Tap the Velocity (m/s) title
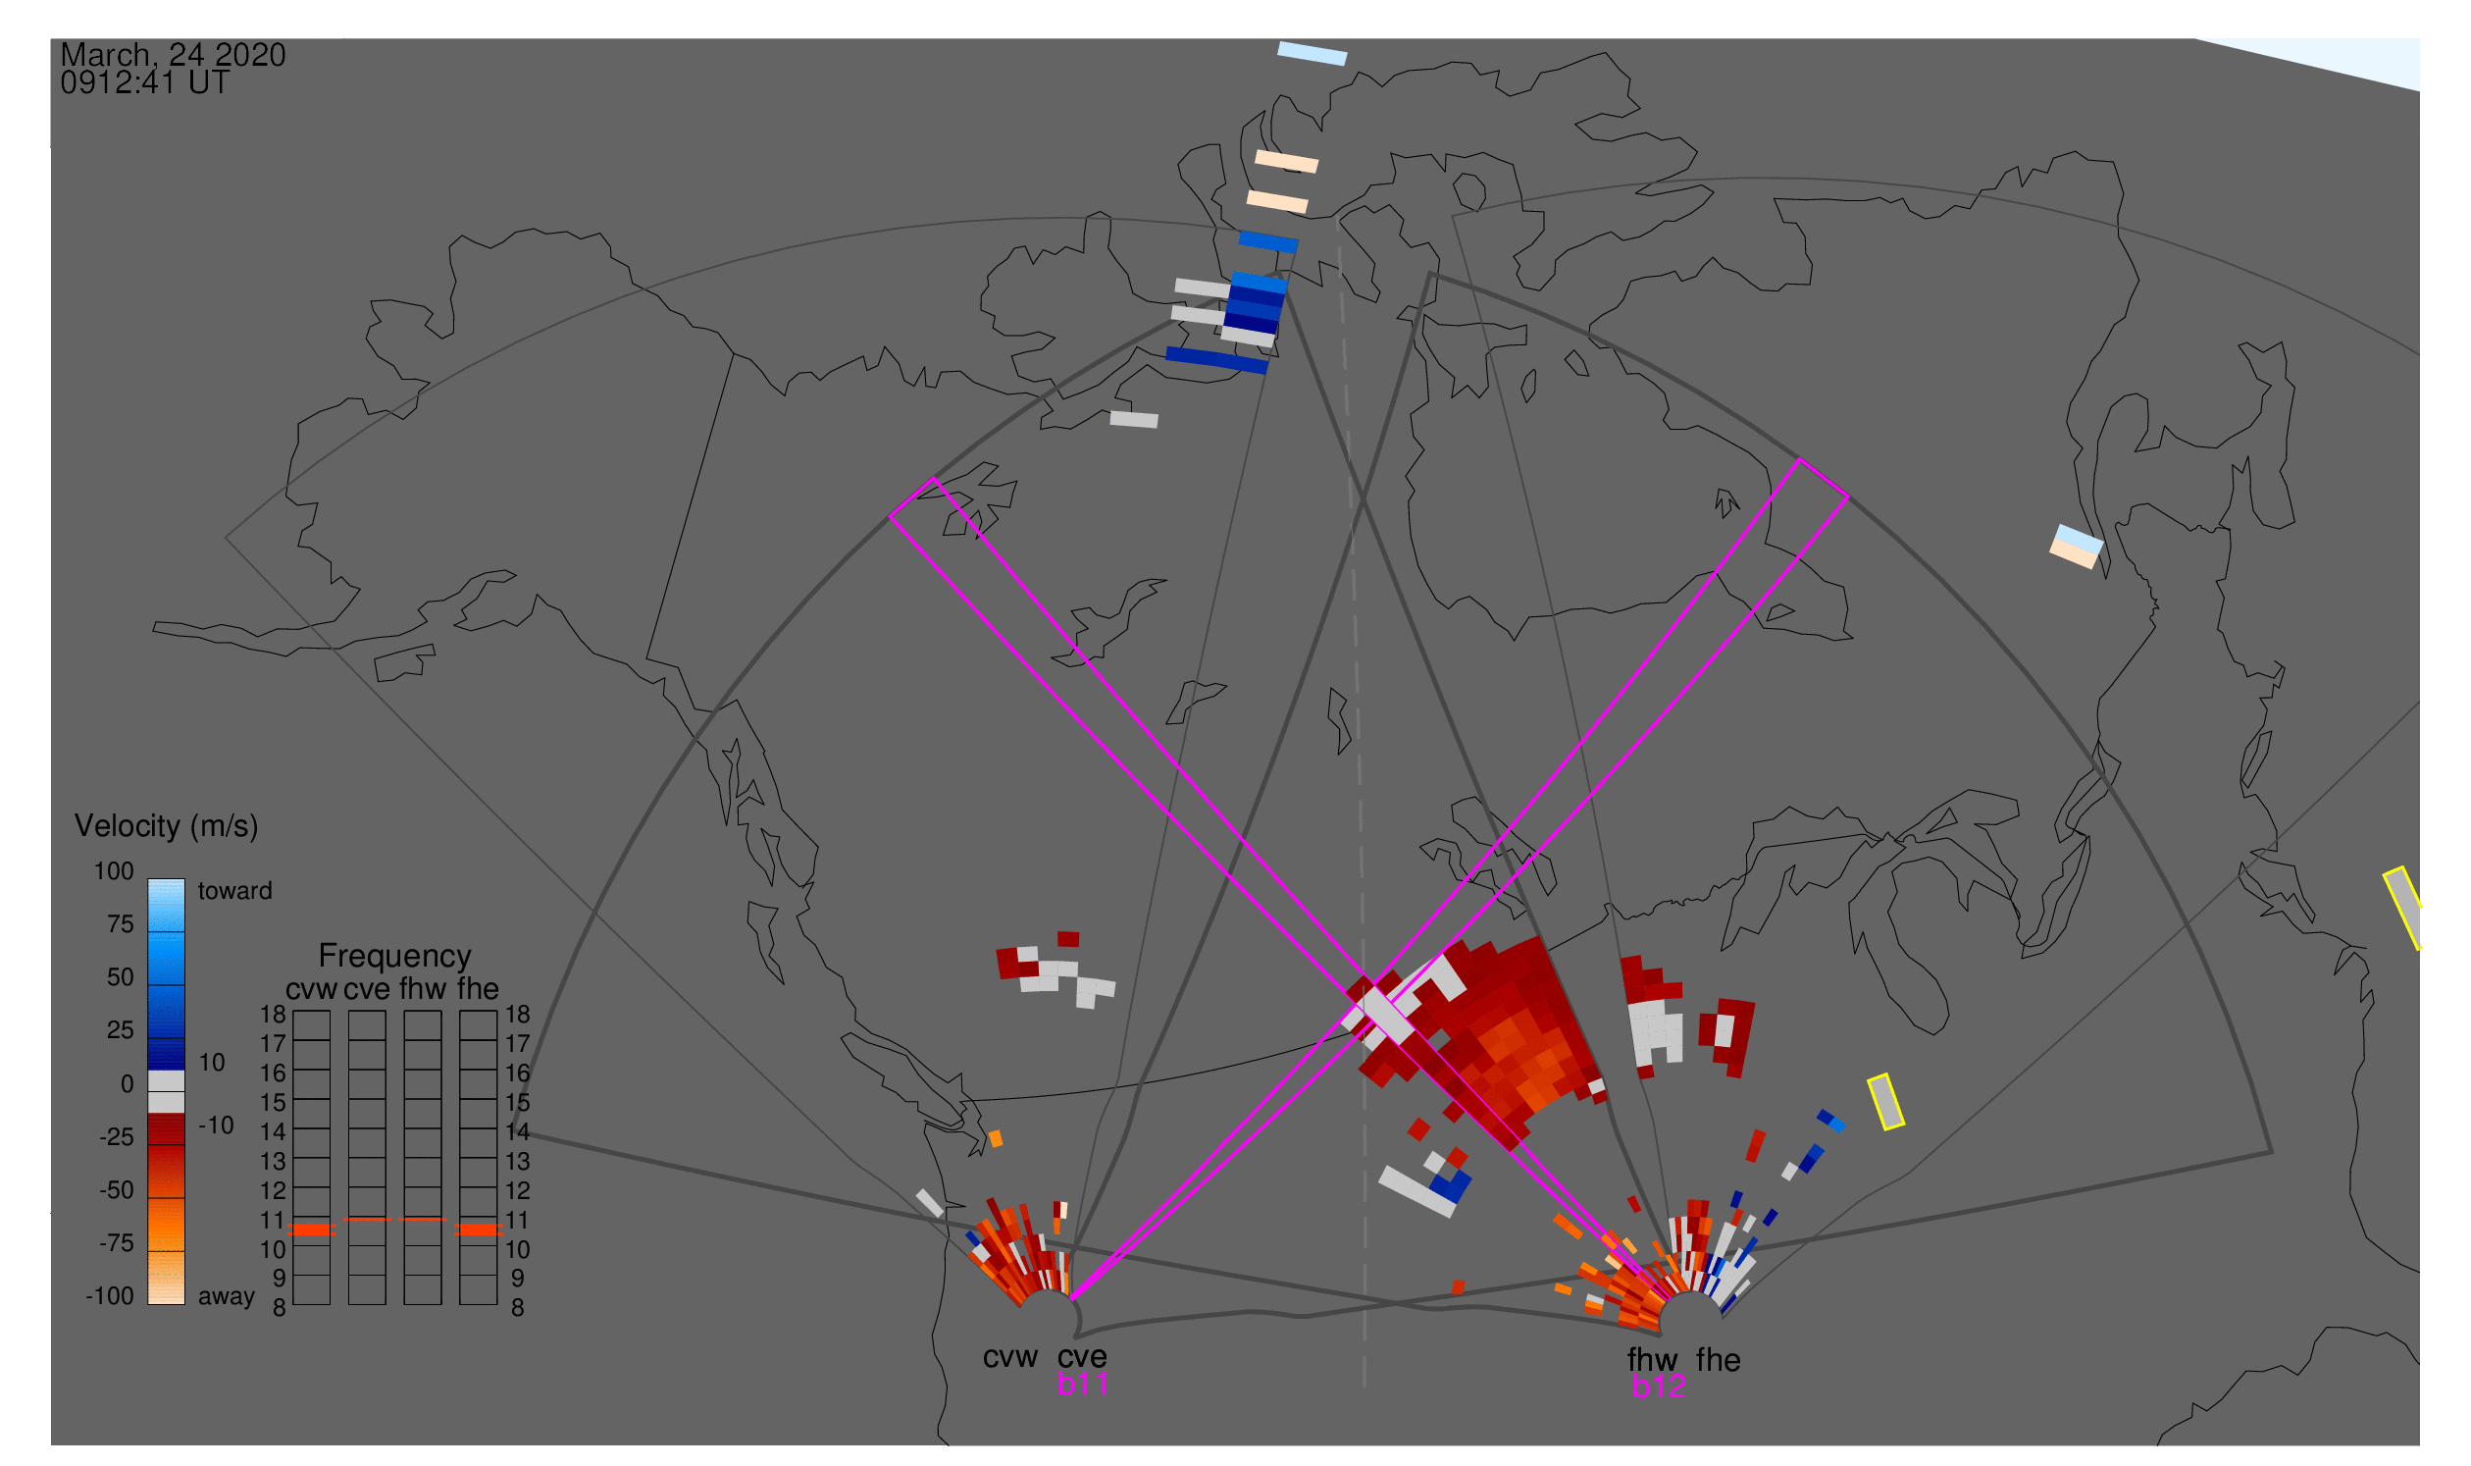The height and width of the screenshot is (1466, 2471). coord(166,826)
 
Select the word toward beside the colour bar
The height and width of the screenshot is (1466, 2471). coord(235,891)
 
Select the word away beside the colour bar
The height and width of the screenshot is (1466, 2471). coord(227,1296)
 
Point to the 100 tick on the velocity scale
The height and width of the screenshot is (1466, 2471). coord(114,871)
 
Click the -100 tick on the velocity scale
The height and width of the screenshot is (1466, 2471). coord(110,1296)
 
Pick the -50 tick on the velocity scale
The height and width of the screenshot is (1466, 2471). coord(117,1190)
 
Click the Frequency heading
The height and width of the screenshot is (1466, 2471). coord(394,957)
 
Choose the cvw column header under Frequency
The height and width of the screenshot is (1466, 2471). coord(311,989)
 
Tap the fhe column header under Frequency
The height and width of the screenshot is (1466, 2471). coord(478,989)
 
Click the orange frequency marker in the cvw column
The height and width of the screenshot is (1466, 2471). coord(311,1230)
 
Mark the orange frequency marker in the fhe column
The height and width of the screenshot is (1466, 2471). coord(478,1230)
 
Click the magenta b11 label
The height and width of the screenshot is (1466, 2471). coord(1082,1385)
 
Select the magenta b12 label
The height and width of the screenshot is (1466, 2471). coord(1659,1387)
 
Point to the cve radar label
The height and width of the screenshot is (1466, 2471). coord(1082,1357)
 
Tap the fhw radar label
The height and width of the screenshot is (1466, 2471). coord(1652,1360)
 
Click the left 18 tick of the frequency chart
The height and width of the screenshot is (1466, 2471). coord(273,1015)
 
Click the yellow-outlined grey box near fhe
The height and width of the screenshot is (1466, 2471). coord(1886,1103)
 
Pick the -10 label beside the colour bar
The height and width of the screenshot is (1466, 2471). coord(216,1126)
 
